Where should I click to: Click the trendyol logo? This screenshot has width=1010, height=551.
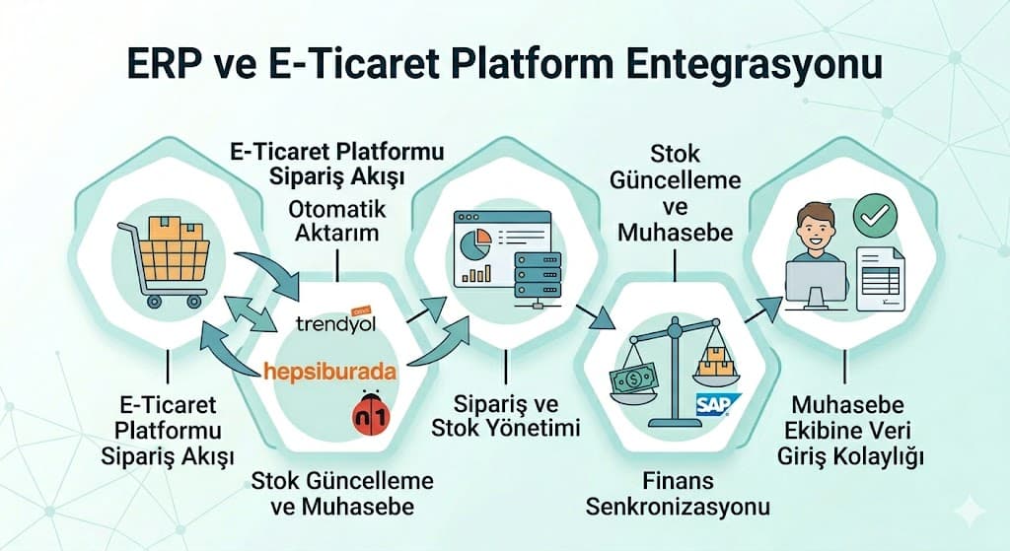[335, 322]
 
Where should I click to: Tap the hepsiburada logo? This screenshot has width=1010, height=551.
[330, 372]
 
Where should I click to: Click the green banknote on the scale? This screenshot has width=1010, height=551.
[634, 382]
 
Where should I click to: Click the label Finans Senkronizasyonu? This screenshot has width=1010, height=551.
[677, 494]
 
